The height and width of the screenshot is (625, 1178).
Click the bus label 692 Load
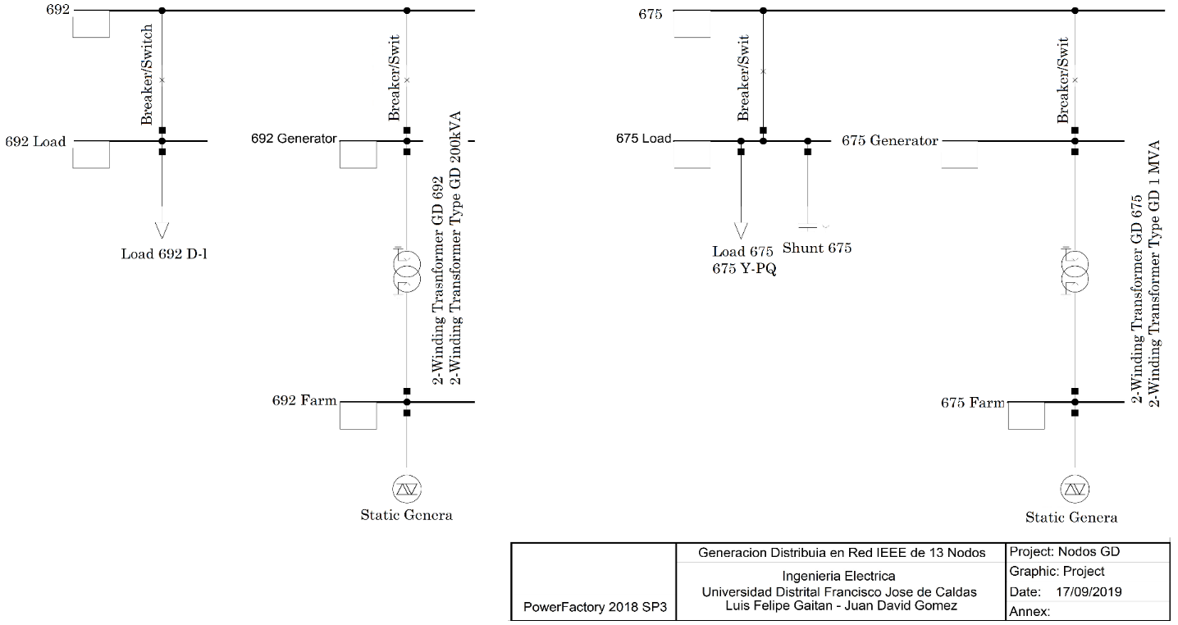[x=35, y=142]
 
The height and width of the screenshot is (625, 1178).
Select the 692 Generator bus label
[x=294, y=139]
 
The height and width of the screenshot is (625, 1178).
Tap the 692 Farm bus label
[x=304, y=401]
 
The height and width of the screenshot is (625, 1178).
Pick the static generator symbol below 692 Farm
[x=406, y=489]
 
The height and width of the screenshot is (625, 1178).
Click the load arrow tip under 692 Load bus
[x=162, y=229]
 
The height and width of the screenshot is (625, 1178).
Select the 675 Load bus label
[x=643, y=139]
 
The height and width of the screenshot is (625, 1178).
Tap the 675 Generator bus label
[x=889, y=141]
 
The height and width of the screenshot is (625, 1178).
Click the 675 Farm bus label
[x=972, y=403]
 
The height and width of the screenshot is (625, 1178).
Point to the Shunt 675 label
[x=817, y=248]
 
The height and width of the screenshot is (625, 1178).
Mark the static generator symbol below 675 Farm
[x=1075, y=489]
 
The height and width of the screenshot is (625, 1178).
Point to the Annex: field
[x=1032, y=611]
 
